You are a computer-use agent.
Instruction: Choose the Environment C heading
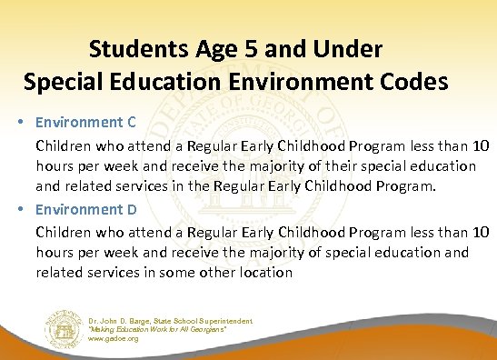pyautogui.click(x=86, y=122)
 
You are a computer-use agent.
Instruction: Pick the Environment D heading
pyautogui.click(x=86, y=209)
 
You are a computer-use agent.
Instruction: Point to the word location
pyautogui.click(x=263, y=272)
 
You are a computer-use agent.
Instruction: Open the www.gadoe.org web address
pyautogui.click(x=114, y=339)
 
